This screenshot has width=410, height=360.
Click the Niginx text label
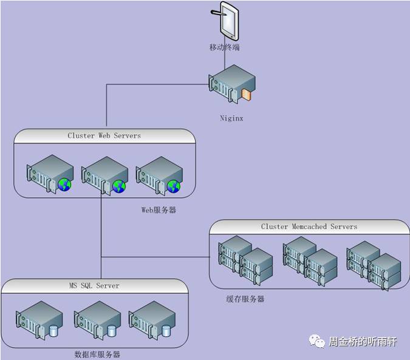point(231,118)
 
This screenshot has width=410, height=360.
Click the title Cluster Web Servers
point(104,136)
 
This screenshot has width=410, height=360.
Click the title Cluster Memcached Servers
point(309,226)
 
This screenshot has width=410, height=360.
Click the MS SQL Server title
point(94,285)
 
